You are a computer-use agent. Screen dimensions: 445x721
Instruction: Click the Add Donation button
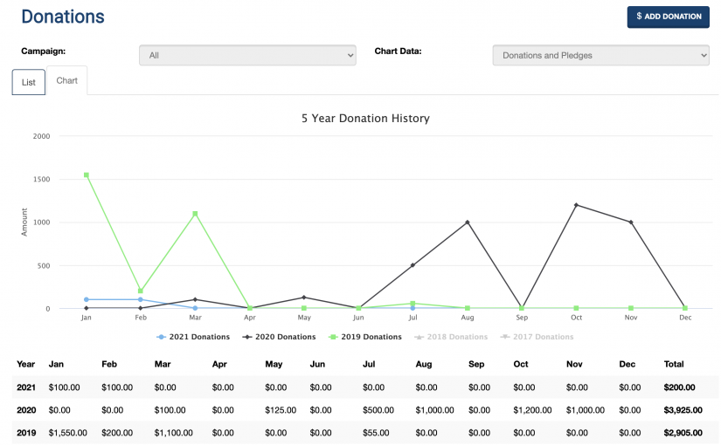668,17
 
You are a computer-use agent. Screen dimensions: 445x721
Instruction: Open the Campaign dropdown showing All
247,55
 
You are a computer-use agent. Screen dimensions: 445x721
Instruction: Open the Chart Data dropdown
600,55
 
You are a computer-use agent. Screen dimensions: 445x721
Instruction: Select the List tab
29,82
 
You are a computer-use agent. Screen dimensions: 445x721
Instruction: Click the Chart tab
67,80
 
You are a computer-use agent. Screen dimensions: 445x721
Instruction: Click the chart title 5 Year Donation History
365,118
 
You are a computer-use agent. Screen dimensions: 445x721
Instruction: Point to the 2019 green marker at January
86,175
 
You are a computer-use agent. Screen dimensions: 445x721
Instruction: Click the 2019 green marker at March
195,214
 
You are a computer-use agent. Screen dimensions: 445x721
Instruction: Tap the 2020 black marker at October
576,205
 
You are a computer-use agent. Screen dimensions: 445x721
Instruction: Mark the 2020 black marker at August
468,222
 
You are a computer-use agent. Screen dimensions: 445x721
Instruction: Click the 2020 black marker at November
631,222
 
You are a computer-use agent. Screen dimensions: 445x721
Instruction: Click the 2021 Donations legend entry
193,337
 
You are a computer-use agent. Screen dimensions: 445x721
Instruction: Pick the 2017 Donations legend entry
537,337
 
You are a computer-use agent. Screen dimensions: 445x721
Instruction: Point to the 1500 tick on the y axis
42,180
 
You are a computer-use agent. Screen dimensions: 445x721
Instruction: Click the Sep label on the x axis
522,318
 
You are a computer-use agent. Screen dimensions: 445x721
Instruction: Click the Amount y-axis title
24,222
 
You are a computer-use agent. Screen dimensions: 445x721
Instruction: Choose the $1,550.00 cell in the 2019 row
69,433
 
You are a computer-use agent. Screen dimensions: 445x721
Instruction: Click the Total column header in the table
675,364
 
